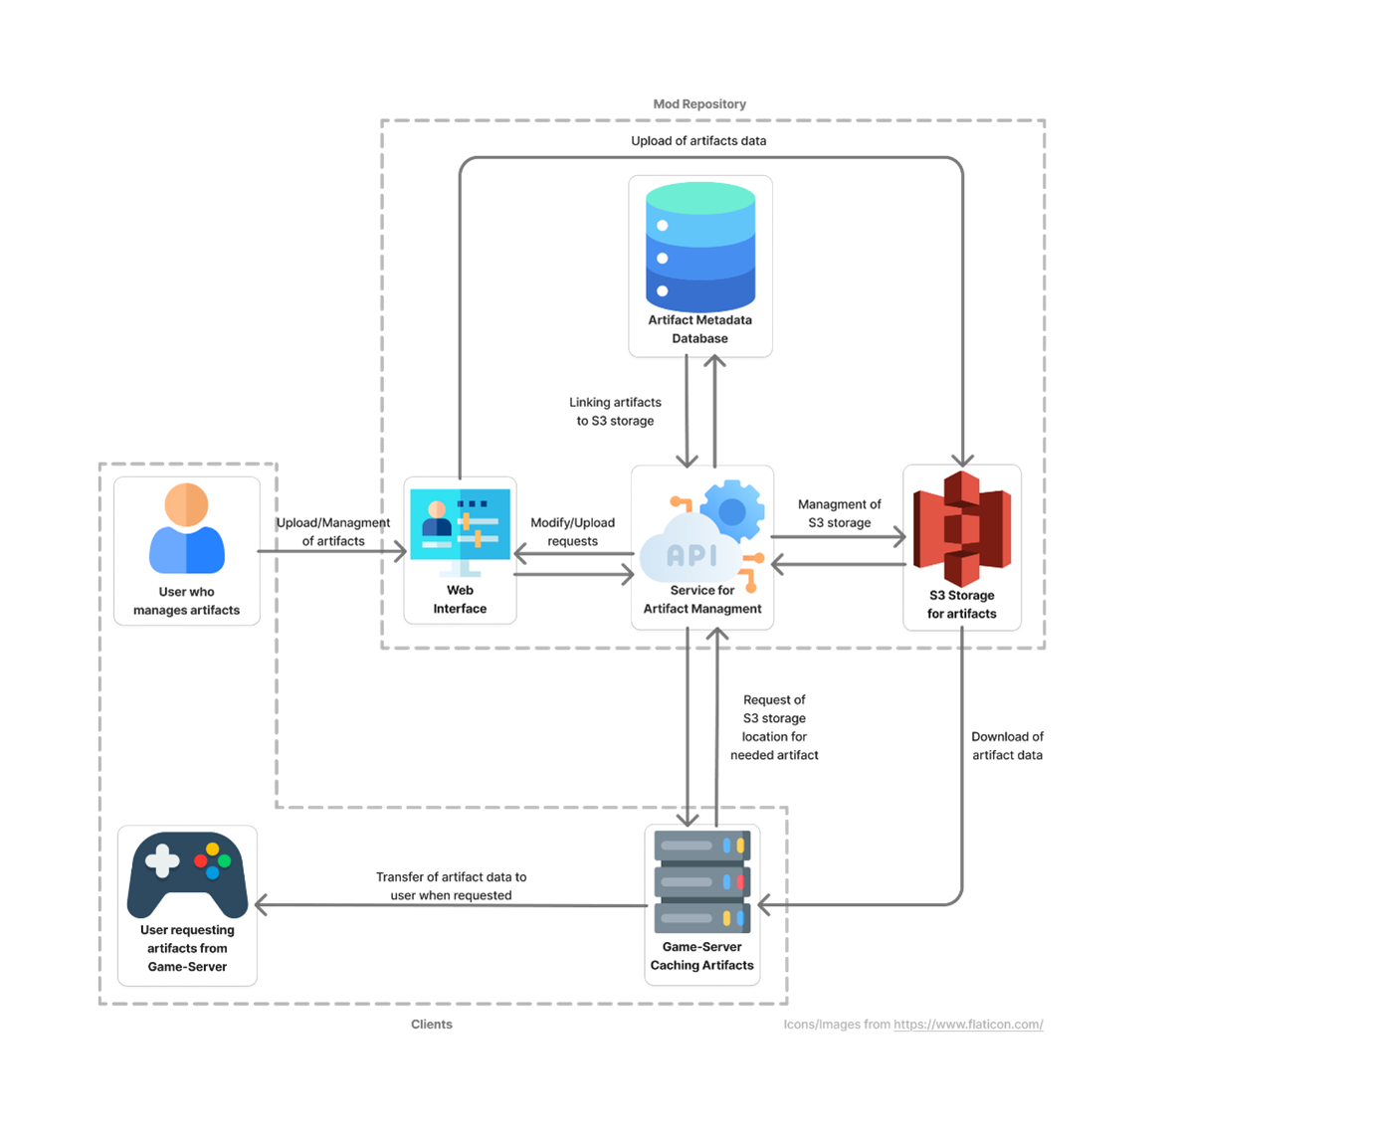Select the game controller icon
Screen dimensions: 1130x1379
pyautogui.click(x=187, y=872)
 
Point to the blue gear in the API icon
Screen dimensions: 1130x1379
pyautogui.click(x=732, y=511)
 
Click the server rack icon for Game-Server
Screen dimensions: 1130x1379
pyautogui.click(x=701, y=881)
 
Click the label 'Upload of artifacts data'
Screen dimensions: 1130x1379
pyautogui.click(x=698, y=141)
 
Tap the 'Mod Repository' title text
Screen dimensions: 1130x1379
pyautogui.click(x=699, y=103)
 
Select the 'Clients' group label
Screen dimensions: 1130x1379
pyautogui.click(x=432, y=1025)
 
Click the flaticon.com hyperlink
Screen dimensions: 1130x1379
pyautogui.click(x=968, y=1025)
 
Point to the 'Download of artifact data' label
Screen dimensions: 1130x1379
pyautogui.click(x=1007, y=746)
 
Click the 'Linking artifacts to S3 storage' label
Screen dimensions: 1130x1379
pyautogui.click(x=615, y=412)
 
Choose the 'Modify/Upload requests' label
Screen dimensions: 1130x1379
pyautogui.click(x=572, y=532)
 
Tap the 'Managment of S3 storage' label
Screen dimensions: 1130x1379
pyautogui.click(x=839, y=514)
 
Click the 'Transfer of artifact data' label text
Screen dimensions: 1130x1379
pyautogui.click(x=451, y=886)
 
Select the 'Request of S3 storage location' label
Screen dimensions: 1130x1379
pyautogui.click(x=774, y=728)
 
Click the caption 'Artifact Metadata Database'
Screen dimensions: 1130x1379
pyautogui.click(x=699, y=329)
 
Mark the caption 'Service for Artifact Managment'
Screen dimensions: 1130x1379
pyautogui.click(x=701, y=600)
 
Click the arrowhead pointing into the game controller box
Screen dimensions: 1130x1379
pyautogui.click(x=262, y=905)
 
